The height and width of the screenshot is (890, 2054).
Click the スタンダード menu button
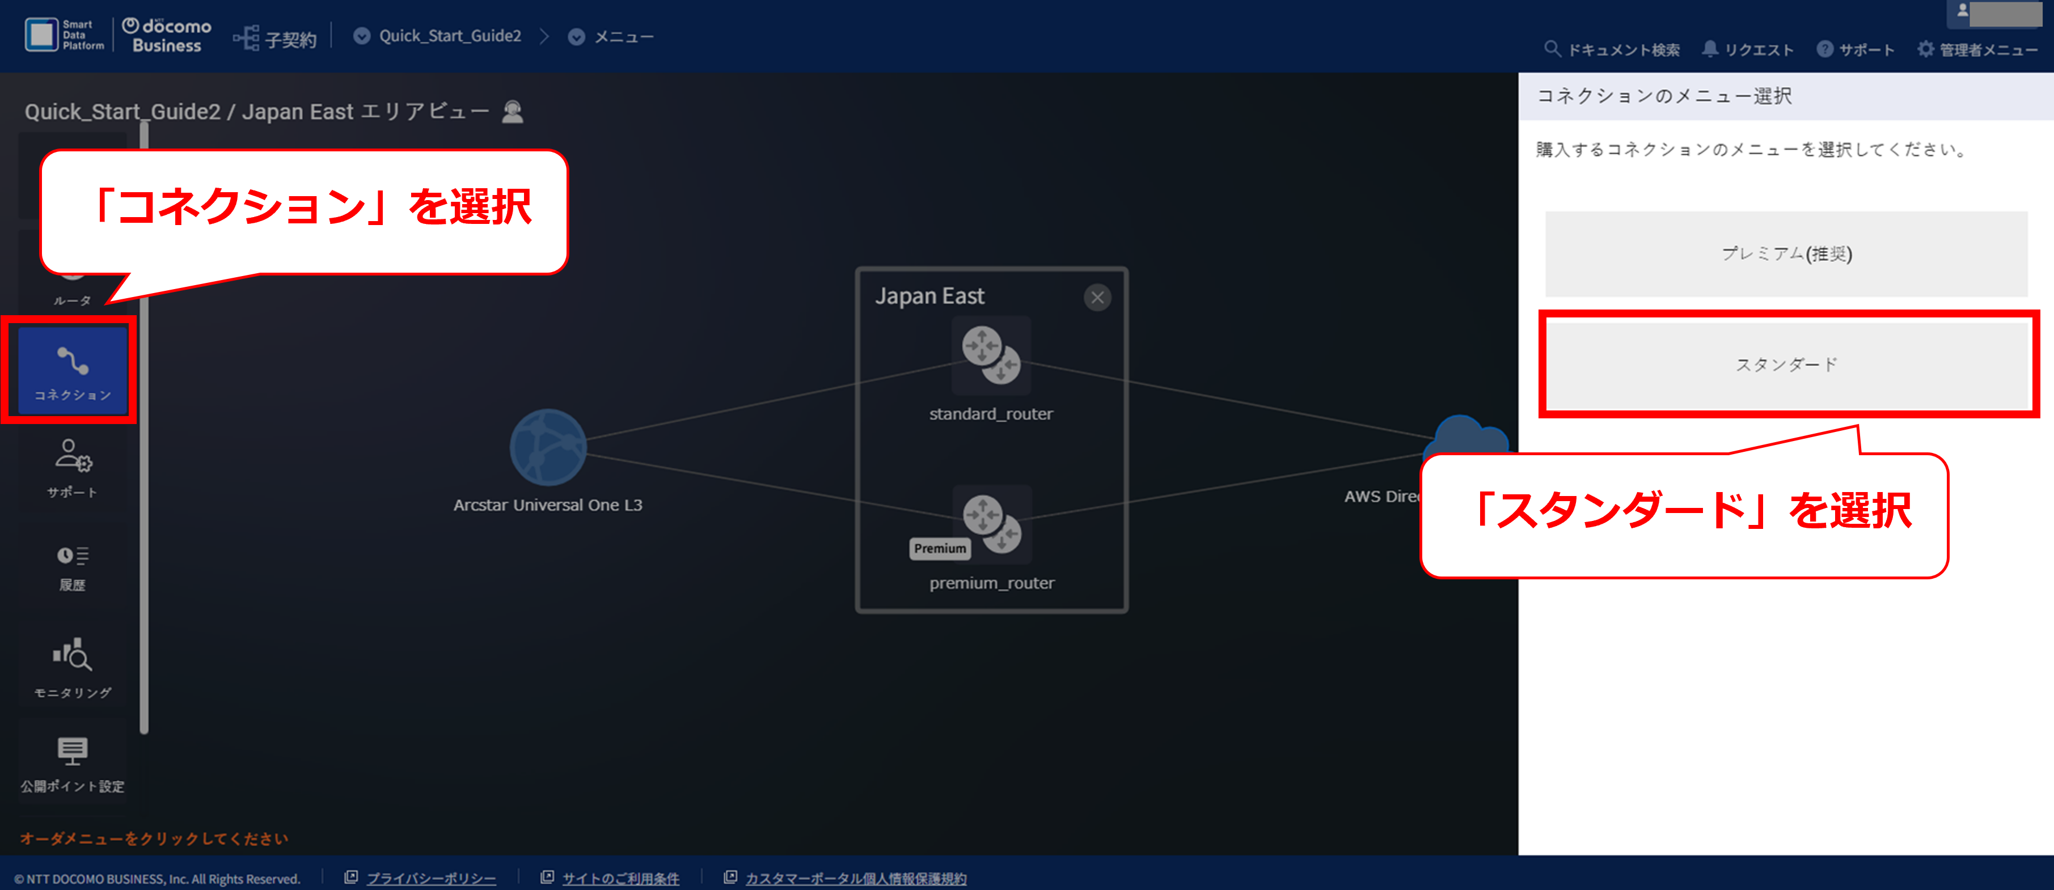point(1786,364)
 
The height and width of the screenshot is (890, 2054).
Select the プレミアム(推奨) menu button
point(1786,253)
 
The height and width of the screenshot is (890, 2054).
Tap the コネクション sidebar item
point(73,371)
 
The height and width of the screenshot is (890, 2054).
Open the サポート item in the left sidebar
point(73,469)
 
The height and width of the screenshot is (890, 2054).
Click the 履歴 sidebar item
point(73,568)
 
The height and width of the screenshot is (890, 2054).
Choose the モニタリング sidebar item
point(73,668)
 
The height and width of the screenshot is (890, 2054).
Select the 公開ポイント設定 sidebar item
point(73,764)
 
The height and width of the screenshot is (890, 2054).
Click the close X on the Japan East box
point(1097,297)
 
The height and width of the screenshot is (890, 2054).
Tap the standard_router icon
point(991,355)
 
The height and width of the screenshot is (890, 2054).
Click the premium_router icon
point(992,524)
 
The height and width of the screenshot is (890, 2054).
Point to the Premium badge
point(940,548)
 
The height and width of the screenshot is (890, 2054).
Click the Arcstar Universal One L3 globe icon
point(548,447)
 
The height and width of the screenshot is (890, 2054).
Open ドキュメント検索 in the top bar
point(1612,49)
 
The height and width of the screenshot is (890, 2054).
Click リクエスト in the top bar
point(1748,49)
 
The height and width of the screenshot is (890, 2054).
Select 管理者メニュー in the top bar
point(1977,49)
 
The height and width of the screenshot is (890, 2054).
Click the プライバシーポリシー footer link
point(430,878)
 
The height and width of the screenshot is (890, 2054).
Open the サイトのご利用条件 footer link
point(620,878)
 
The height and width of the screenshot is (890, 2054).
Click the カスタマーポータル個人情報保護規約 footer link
point(856,878)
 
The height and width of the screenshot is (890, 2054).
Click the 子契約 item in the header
point(275,37)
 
